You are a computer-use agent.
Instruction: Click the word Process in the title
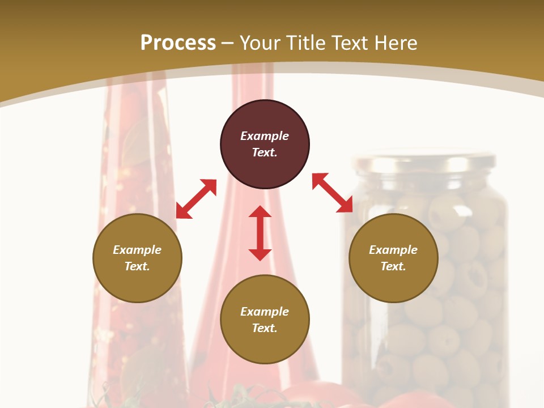coord(178,43)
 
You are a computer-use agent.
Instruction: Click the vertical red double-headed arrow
coord(260,233)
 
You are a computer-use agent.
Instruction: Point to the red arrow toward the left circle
coord(196,199)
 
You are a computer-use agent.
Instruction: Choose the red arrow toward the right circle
coord(333,193)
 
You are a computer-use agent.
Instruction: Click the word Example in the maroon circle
coord(265,136)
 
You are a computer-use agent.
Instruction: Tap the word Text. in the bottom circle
coord(265,328)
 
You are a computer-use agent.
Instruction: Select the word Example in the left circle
coord(137,250)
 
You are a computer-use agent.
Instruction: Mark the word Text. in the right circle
coord(393,266)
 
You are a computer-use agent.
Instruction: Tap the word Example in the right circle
coord(393,250)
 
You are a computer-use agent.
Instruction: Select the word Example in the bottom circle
coord(265,312)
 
